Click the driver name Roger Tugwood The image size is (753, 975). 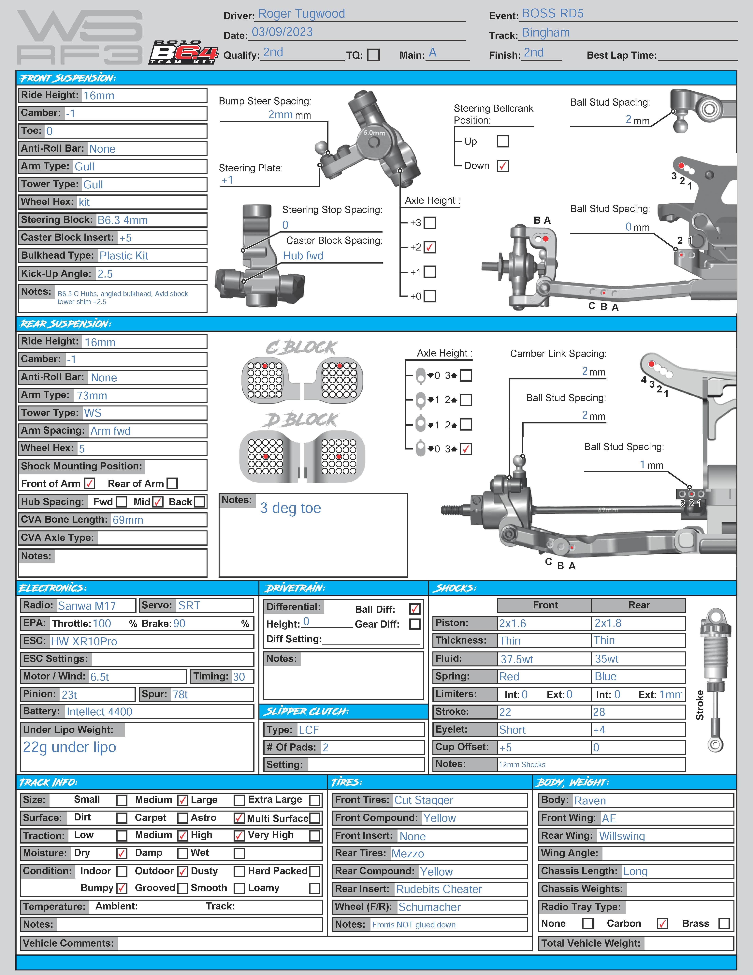[x=302, y=14]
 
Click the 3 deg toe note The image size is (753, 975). [x=290, y=508]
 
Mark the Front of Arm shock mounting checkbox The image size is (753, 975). [x=90, y=483]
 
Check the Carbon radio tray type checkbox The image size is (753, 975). [x=663, y=924]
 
